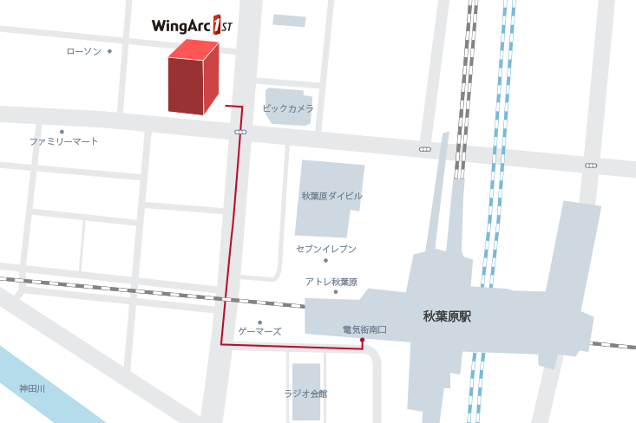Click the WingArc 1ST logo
click(x=192, y=25)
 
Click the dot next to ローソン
click(x=109, y=52)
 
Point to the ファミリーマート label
click(x=63, y=141)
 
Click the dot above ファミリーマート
click(x=62, y=132)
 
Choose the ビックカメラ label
click(x=287, y=109)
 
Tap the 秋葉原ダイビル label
click(x=331, y=196)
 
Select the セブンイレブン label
click(x=325, y=249)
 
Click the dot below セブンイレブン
click(x=325, y=260)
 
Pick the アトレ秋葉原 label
click(x=331, y=282)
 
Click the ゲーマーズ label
click(x=259, y=332)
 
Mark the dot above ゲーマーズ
click(x=259, y=322)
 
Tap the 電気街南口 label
click(x=364, y=330)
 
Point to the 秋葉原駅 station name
click(x=447, y=317)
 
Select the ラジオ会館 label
click(x=305, y=394)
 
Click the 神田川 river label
click(x=32, y=389)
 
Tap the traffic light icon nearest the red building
click(x=240, y=133)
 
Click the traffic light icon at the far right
click(x=591, y=166)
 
